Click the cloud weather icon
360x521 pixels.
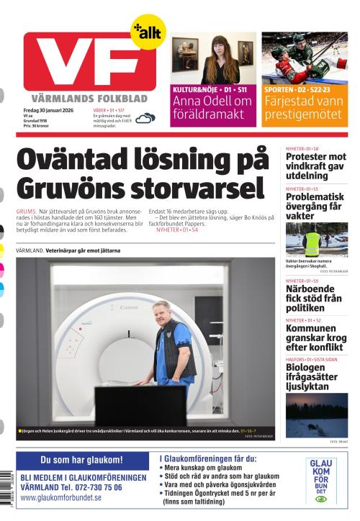pos(146,118)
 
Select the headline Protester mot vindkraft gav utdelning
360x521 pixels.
pos(316,166)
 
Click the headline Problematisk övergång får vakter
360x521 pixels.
pos(313,206)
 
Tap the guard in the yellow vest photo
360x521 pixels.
pos(312,242)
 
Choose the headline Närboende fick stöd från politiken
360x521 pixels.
pos(315,298)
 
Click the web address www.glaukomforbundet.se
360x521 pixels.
pos(61,497)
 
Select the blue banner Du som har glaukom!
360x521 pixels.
pos(81,459)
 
